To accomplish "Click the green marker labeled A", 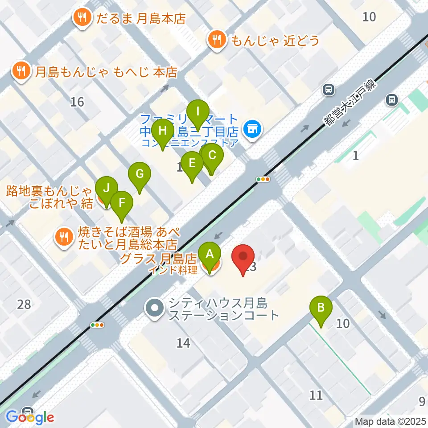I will point(210,255).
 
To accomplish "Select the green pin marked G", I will point(140,174).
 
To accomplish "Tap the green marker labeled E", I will point(192,163).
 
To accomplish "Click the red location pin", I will point(243,258).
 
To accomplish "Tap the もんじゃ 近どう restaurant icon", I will point(217,41).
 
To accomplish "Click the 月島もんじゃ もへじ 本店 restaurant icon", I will point(21,70).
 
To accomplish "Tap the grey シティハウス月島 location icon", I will point(155,308).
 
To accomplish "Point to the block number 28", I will point(24,305).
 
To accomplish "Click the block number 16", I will point(77,102).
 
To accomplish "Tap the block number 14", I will point(183,343).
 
